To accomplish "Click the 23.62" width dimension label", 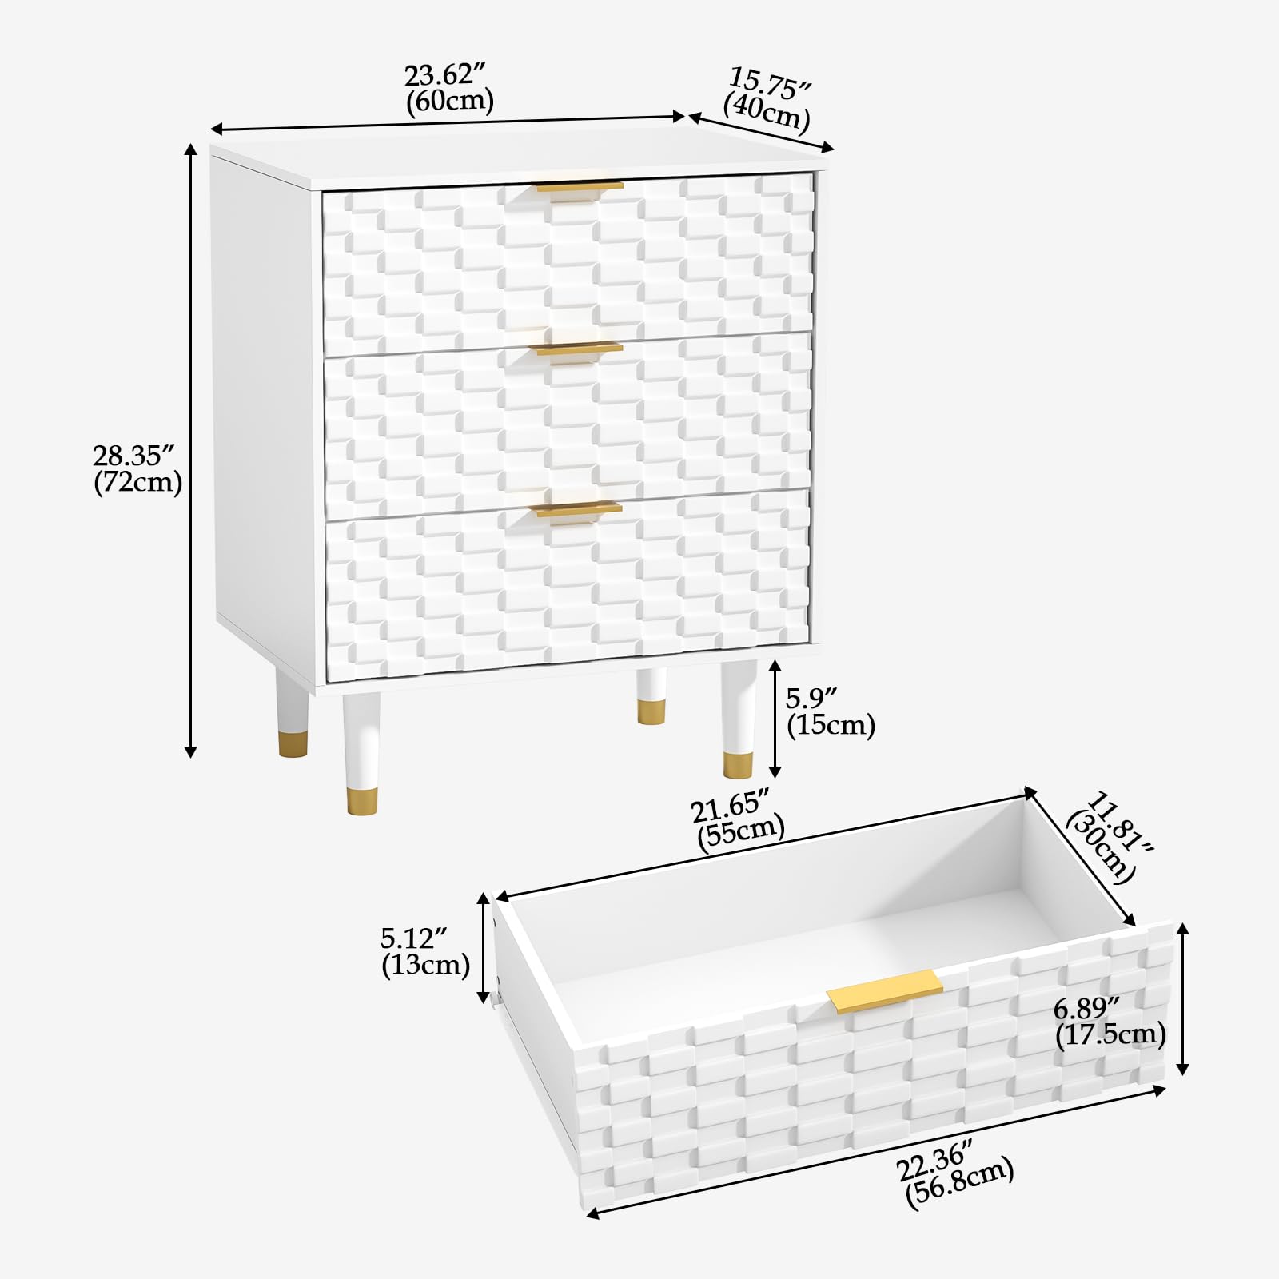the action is (x=449, y=88).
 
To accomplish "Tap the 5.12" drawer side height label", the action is (x=425, y=951).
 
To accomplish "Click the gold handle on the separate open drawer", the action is (x=885, y=992).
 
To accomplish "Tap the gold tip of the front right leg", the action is (x=738, y=765).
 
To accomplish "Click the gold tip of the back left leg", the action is (x=293, y=744).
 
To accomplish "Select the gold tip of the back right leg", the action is (x=651, y=712).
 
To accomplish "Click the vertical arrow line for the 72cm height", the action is (x=190, y=450).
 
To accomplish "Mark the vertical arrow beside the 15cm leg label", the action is (x=774, y=719).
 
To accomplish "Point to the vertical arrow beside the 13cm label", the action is (x=483, y=947).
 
